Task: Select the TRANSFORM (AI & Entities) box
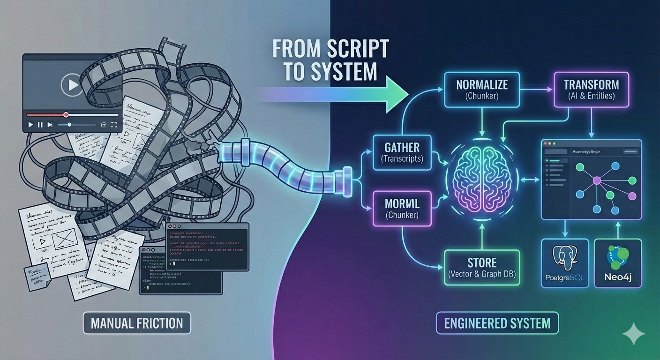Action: coord(591,90)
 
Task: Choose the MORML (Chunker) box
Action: coord(401,209)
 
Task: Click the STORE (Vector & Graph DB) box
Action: coord(481,268)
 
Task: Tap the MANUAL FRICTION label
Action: coord(137,323)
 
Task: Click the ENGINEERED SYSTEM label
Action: coord(497,323)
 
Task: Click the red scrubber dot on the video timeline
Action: coord(66,114)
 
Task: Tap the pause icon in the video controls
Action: coord(40,125)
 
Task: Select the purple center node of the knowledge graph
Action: coord(597,180)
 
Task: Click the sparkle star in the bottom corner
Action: coord(633,334)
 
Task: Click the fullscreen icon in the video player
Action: coord(113,125)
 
